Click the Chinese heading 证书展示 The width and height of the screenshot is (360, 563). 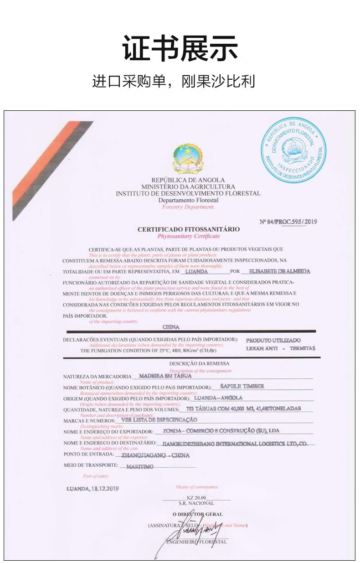(x=180, y=49)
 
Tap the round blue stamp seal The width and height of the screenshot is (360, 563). (x=294, y=150)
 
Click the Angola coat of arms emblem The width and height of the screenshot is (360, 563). (x=188, y=158)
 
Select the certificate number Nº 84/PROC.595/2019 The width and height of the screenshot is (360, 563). (x=288, y=222)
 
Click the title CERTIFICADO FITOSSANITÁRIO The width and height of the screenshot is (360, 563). (x=188, y=229)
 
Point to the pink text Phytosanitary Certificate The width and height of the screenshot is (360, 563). (x=188, y=236)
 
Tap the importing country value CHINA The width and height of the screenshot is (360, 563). (x=171, y=327)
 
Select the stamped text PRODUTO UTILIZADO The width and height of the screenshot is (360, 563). (x=273, y=341)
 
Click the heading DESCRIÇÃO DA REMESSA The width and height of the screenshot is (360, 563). (x=193, y=364)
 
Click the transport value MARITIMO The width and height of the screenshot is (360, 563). (x=140, y=467)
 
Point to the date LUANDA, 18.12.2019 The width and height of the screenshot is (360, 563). (x=93, y=488)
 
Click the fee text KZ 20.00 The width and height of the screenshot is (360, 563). (x=196, y=497)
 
